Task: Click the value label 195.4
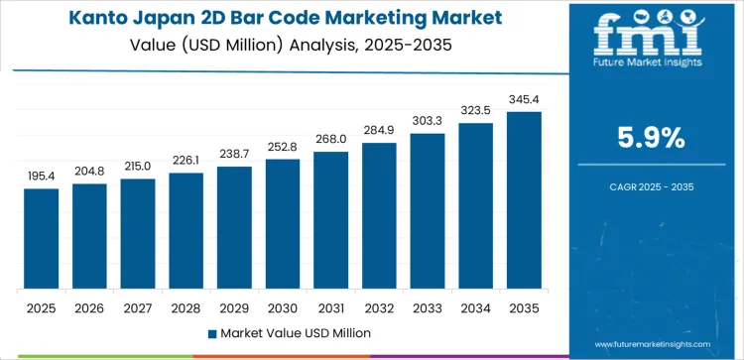click(41, 176)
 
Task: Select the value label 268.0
click(330, 139)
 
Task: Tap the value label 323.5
click(475, 110)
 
